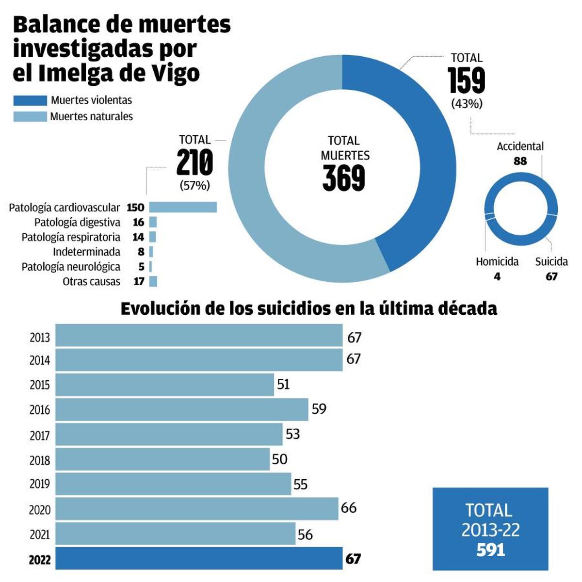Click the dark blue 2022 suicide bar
[x=199, y=558]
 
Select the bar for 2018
[x=162, y=459]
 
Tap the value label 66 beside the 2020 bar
[x=348, y=508]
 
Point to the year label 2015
[x=39, y=385]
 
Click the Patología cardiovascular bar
[x=183, y=207]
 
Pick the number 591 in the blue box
[x=490, y=550]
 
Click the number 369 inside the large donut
[x=343, y=178]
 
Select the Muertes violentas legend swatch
[x=30, y=100]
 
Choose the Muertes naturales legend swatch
[x=30, y=116]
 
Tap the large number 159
[x=466, y=81]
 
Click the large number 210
[x=194, y=163]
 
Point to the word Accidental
[x=520, y=146]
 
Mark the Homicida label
[x=497, y=262]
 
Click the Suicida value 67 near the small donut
[x=551, y=276]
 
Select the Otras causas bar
[x=153, y=281]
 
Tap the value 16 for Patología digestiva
[x=138, y=222]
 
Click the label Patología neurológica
[x=71, y=267]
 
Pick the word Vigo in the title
[x=174, y=73]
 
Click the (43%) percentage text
[x=467, y=104]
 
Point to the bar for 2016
[x=182, y=409]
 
